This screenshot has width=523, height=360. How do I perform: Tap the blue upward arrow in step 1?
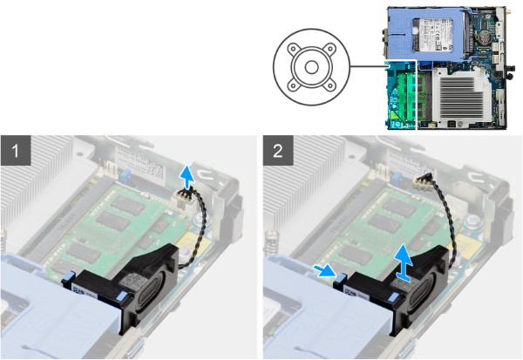tap(184, 178)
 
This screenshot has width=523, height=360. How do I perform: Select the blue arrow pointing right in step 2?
tap(323, 271)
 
